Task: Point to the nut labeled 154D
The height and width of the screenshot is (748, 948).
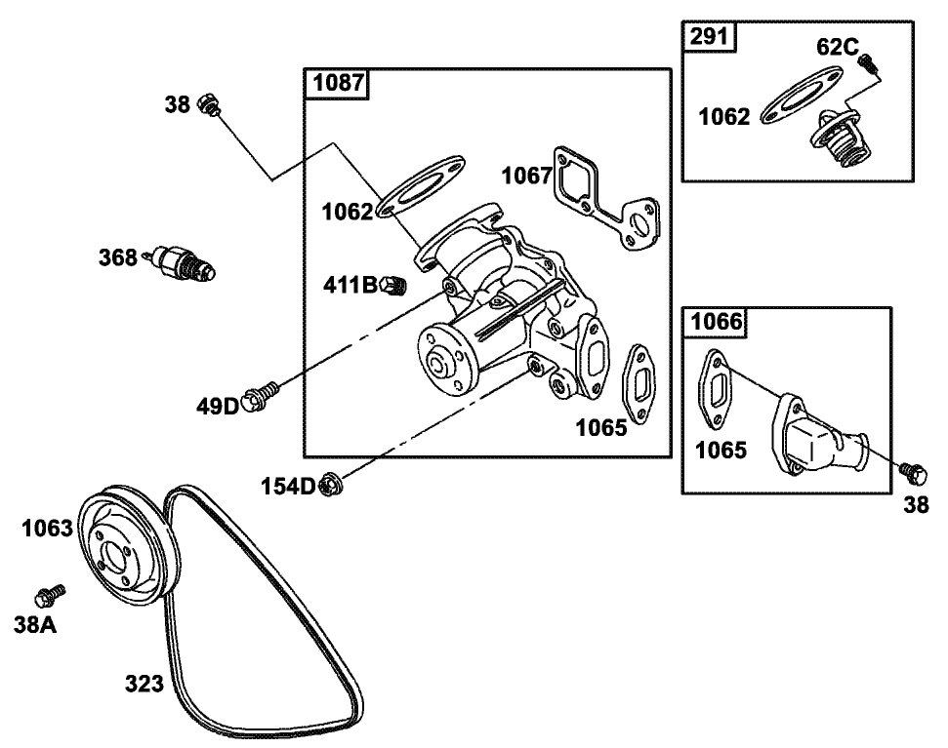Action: point(329,483)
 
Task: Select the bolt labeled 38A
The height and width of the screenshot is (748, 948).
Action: point(50,594)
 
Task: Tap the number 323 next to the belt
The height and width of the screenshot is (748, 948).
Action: point(144,685)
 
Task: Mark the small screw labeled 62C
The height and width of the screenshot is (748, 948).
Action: point(866,63)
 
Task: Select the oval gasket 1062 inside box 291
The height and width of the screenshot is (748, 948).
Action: point(801,97)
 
